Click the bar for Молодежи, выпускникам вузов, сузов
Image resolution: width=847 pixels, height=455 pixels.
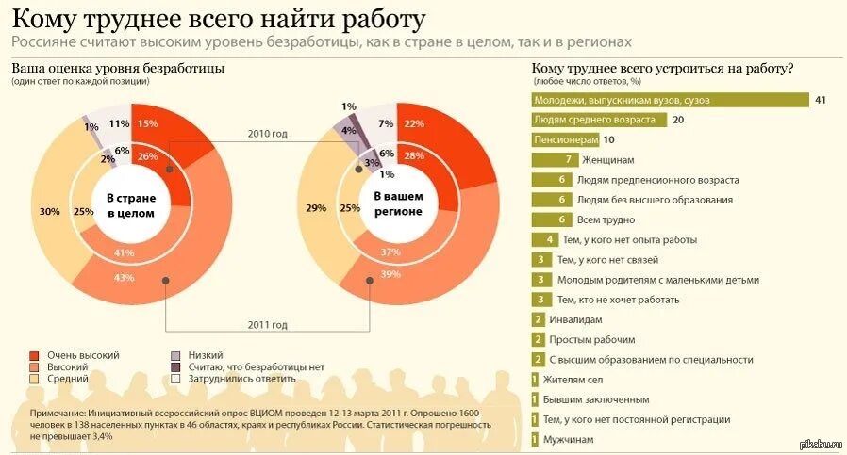coord(671,100)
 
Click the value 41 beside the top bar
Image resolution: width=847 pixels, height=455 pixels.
coord(820,100)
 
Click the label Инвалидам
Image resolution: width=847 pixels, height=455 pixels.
coord(575,319)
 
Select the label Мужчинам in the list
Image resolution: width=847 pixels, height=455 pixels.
coord(574,439)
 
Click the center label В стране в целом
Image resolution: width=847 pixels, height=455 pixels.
coord(130,205)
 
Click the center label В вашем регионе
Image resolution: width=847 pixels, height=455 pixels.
coord(398,204)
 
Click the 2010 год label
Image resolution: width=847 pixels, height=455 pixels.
coord(267,134)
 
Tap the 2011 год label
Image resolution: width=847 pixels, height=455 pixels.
coord(267,325)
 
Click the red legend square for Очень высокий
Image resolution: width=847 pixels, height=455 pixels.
coord(35,354)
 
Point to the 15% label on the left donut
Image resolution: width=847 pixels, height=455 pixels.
coord(147,123)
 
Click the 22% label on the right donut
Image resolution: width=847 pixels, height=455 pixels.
coord(412,123)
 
